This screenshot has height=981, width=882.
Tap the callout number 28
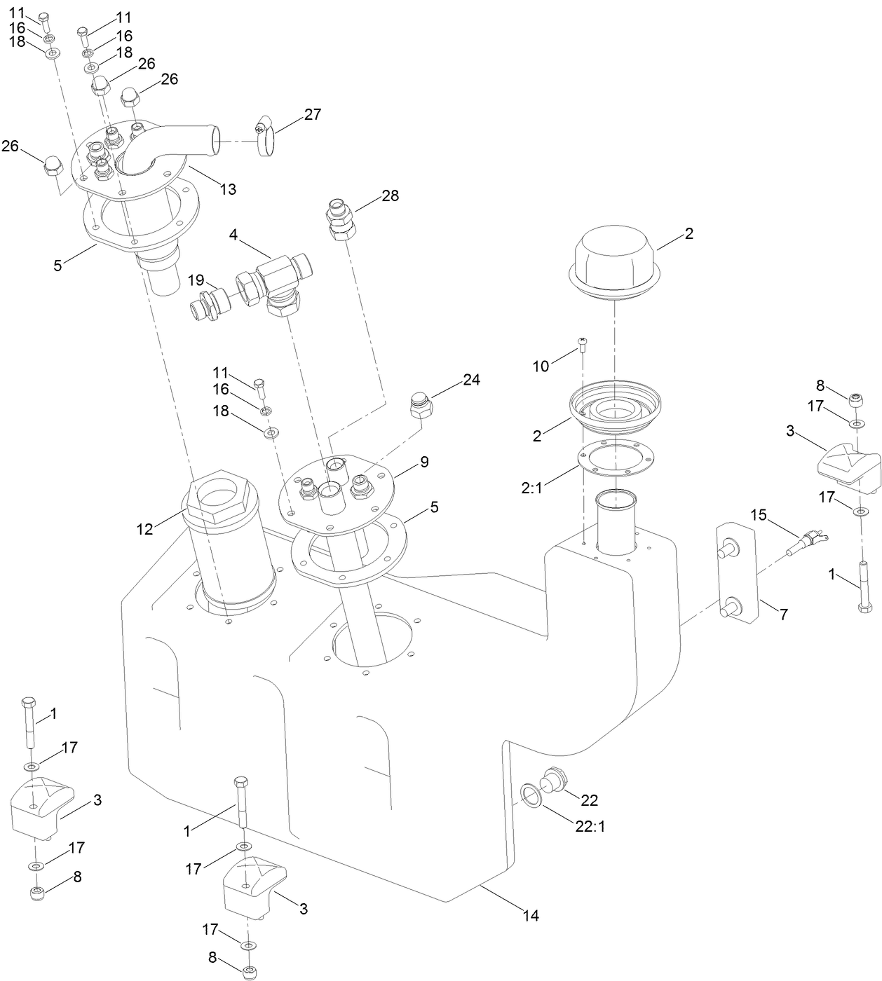(x=390, y=196)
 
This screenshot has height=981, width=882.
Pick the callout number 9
(x=424, y=462)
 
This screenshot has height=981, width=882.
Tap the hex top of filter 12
(x=219, y=500)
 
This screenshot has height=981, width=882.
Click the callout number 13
(x=228, y=189)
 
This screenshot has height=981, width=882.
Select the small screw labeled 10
(x=582, y=345)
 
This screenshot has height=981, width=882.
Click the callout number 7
(x=783, y=615)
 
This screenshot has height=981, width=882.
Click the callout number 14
(x=531, y=915)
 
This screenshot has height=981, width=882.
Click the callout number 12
(x=144, y=530)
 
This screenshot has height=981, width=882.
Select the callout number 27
(x=312, y=114)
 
